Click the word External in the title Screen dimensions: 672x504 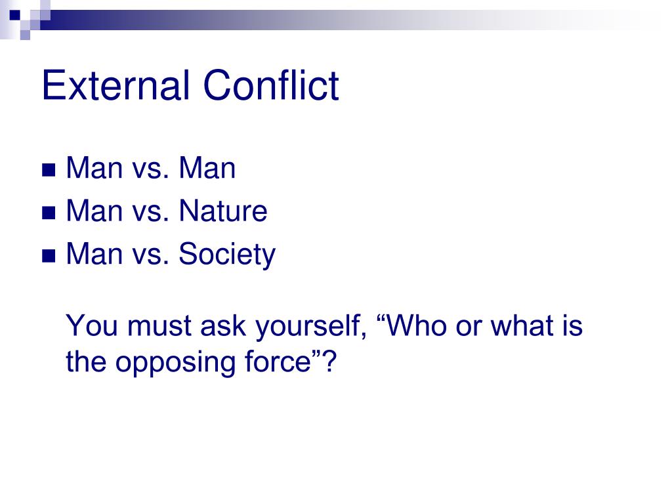[115, 85]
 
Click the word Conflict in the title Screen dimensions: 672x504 [271, 85]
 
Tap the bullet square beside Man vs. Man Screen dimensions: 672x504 [49, 170]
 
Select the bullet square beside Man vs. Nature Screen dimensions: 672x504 [49, 213]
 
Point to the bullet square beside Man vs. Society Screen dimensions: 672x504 [49, 256]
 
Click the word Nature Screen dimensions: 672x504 [223, 211]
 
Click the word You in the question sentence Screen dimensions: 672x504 [92, 325]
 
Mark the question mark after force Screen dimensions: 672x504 [329, 362]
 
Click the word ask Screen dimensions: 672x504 [223, 325]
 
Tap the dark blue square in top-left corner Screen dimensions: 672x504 [15, 16]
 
